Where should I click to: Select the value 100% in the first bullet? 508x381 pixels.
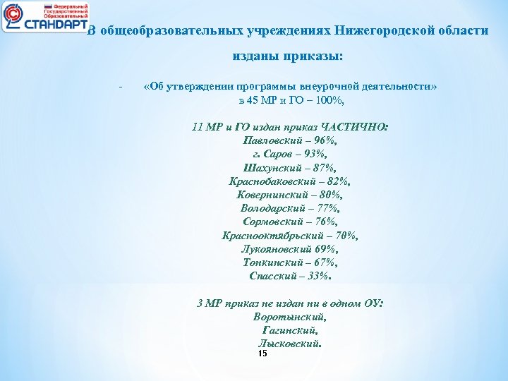(327, 100)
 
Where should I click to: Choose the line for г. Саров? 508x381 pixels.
(290, 154)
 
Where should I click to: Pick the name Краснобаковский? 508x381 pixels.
(272, 181)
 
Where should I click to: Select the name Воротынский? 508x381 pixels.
(289, 317)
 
